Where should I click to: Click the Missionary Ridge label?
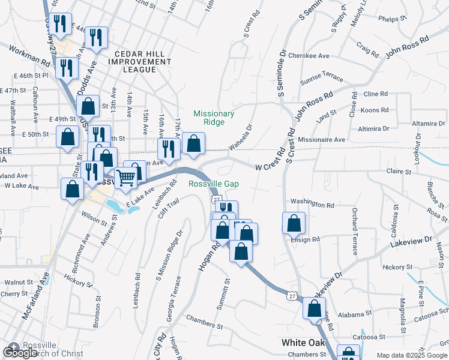213,118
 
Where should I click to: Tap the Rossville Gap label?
214,184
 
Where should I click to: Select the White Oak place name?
304,343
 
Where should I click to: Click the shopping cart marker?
125,177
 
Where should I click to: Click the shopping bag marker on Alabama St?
314,308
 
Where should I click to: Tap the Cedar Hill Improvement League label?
136,61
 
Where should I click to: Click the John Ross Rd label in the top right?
408,46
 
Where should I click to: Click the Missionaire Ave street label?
322,139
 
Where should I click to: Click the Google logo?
20,353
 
